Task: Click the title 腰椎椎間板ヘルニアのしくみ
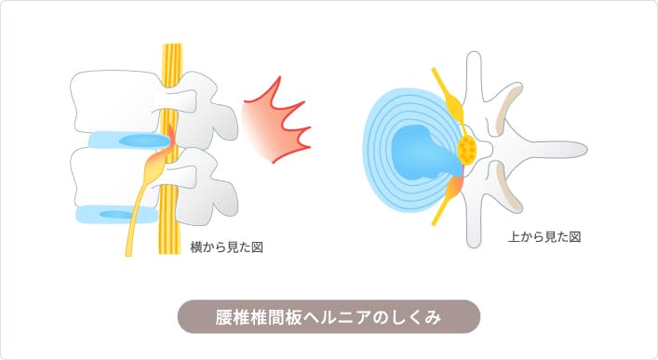pos(329,316)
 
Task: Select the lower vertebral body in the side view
pos(107,177)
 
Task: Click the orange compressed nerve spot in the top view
pos(457,187)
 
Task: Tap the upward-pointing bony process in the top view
pos(475,74)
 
